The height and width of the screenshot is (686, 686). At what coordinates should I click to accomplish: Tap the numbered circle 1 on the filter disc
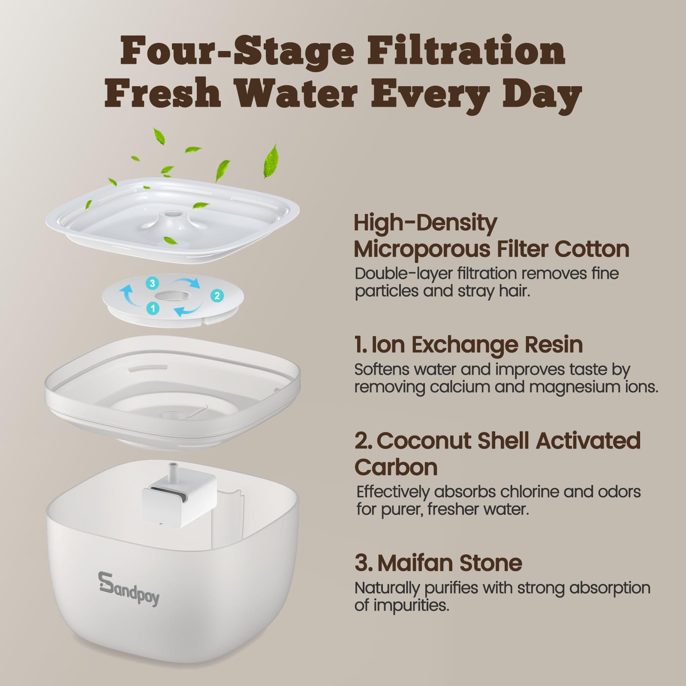(x=153, y=308)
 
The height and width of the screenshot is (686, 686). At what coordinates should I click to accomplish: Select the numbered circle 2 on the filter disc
(x=217, y=295)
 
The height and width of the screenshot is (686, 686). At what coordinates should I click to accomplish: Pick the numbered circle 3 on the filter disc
(x=152, y=283)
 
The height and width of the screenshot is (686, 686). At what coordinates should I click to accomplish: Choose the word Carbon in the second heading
(x=396, y=467)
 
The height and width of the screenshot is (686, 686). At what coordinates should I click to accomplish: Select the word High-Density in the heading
(x=425, y=223)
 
